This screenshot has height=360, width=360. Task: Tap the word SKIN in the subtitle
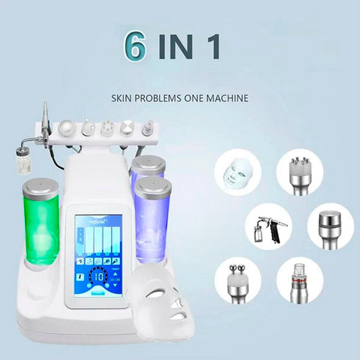(123, 97)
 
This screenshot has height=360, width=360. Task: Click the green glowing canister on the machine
(40, 225)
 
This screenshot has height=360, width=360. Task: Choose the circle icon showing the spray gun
(266, 226)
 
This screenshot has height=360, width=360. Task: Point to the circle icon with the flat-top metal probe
(327, 226)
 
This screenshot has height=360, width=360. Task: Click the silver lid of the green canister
(40, 187)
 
